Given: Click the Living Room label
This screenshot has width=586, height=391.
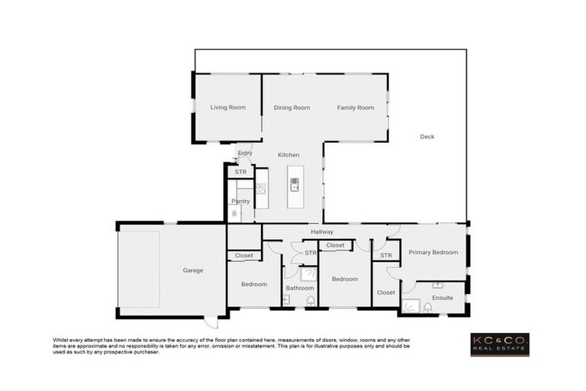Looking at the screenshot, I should (227, 108).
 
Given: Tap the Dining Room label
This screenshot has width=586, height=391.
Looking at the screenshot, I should (291, 108).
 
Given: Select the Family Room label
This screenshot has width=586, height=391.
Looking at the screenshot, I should (356, 108).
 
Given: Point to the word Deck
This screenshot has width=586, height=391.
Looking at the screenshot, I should (427, 137).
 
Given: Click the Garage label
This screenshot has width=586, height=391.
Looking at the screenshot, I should (192, 270).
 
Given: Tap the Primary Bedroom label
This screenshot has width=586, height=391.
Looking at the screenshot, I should (433, 252).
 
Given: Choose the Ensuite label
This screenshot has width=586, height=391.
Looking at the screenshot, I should (442, 297).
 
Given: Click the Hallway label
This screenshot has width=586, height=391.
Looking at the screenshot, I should (322, 231).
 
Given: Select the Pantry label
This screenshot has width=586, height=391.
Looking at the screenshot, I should (240, 202).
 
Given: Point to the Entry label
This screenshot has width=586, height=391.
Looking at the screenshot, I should (245, 153).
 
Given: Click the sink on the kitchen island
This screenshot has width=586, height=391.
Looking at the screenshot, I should (295, 183).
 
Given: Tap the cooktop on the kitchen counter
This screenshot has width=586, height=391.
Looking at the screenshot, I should (261, 189).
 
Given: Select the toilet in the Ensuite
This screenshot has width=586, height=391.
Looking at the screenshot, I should (427, 308).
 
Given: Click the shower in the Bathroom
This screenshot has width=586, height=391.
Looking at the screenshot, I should (309, 274).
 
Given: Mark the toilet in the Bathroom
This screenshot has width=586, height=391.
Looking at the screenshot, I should (311, 302).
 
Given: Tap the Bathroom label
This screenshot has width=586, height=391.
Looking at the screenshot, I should (300, 288).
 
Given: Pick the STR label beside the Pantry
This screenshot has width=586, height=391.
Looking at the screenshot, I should (240, 172).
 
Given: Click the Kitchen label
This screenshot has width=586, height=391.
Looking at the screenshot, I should (288, 155).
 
